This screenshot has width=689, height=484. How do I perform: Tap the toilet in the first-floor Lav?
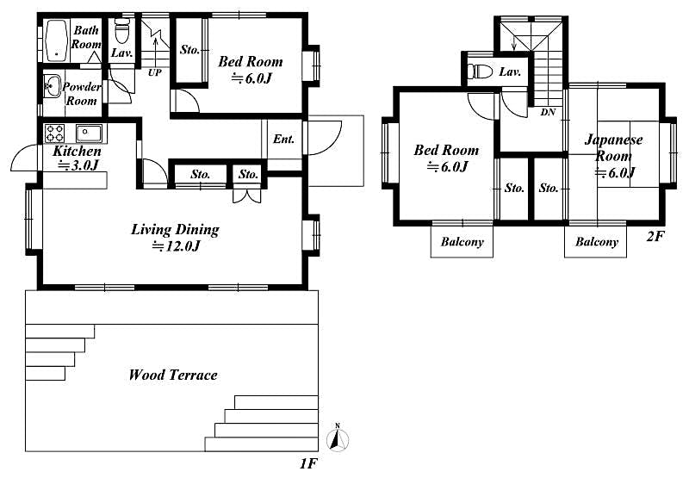pos(121,33)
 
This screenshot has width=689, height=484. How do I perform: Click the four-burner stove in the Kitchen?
pos(56,133)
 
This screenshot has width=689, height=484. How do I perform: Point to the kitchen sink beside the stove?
pos(89,133)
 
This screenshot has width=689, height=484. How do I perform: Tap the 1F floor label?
pos(308,465)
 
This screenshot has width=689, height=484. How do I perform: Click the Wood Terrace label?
pos(172,375)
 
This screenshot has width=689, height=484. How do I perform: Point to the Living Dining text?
pos(175,230)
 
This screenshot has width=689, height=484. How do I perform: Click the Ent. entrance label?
pos(284,139)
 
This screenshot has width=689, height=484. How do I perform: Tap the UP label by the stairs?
pos(154,72)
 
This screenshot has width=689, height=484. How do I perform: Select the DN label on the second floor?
pos(548,113)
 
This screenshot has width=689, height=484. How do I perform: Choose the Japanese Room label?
pos(614,148)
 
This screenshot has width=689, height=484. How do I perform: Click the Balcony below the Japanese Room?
pos(597,242)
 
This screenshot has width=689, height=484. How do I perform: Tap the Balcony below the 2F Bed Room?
pos(462,242)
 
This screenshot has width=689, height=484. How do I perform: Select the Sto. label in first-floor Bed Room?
pos(189,50)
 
